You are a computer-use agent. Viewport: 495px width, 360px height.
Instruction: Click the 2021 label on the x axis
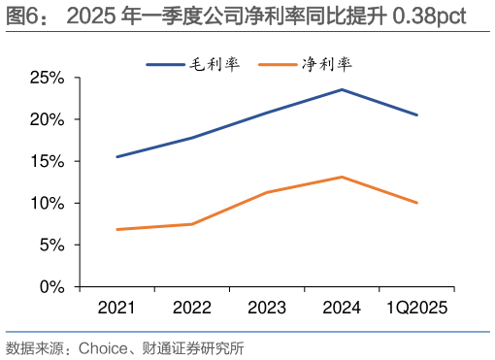point(116,309)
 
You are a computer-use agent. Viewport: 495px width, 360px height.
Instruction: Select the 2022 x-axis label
point(191,309)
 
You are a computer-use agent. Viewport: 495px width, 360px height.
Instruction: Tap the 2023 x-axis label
point(266,309)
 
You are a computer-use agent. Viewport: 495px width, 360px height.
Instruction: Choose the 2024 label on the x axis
point(342,309)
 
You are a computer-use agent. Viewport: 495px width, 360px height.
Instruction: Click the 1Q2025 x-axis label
point(417,309)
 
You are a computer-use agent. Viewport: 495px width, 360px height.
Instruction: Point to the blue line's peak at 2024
point(342,89)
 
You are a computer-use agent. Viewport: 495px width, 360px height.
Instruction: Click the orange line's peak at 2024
point(342,177)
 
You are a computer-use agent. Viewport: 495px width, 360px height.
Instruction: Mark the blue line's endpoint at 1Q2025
point(417,115)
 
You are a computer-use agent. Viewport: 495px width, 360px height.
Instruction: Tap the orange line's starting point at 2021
point(116,230)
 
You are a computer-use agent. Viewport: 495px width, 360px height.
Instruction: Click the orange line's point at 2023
point(267,192)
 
